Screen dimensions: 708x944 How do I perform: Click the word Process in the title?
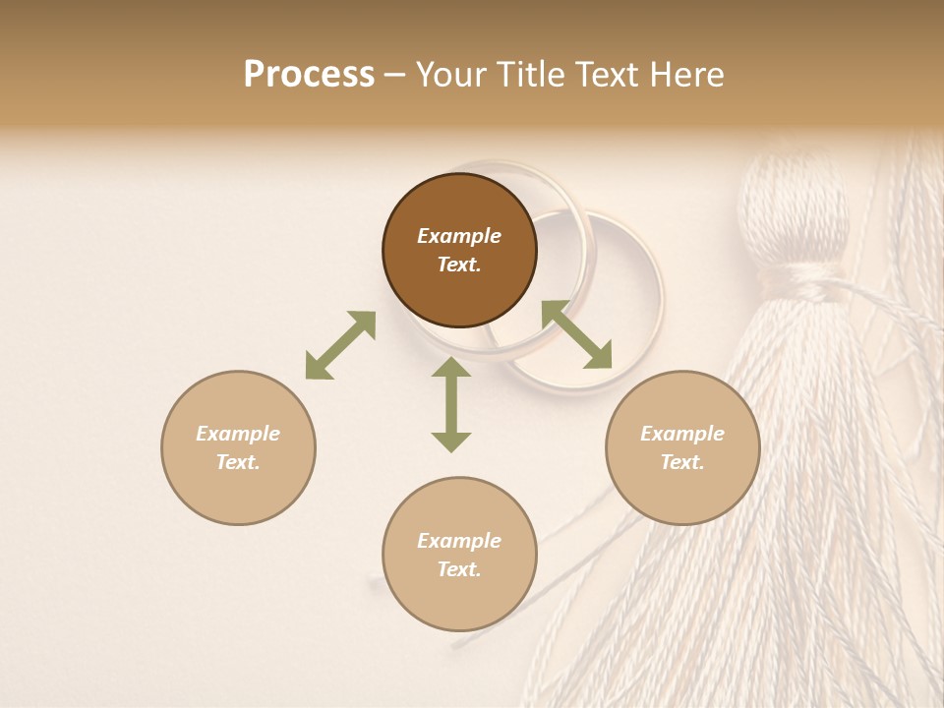(x=309, y=75)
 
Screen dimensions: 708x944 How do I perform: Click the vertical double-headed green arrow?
(x=451, y=405)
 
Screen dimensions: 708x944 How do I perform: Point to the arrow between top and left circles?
(x=340, y=345)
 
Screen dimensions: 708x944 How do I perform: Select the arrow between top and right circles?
(x=576, y=334)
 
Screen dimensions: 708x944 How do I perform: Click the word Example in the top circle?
(x=459, y=236)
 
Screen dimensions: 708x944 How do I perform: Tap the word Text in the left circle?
(x=238, y=462)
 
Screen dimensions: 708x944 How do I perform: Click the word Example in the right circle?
(x=682, y=434)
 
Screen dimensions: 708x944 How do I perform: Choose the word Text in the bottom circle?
(x=459, y=569)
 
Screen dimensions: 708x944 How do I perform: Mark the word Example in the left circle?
(x=238, y=434)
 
